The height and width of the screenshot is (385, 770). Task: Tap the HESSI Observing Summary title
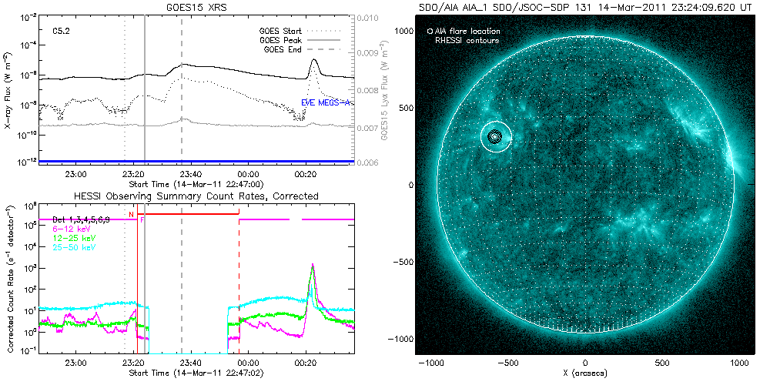[196, 196]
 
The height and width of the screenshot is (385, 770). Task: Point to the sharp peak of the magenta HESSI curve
[312, 265]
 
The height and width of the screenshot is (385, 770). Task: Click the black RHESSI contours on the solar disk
[496, 137]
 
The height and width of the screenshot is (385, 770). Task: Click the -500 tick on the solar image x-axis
[508, 361]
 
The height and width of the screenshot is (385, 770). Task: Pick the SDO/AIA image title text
[585, 7]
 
